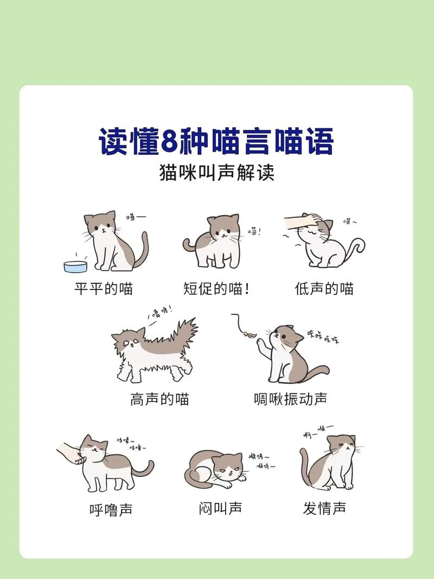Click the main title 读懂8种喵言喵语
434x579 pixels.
pos(216,142)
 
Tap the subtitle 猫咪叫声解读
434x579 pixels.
pos(216,173)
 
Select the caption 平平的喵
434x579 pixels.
pos(104,288)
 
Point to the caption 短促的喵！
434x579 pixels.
pos(216,288)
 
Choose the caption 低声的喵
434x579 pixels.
pos(324,288)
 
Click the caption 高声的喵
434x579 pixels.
pos(159,399)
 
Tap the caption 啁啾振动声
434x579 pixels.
pos(290,399)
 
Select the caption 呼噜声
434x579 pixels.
pos(111,509)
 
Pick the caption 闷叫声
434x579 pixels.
pos(220,508)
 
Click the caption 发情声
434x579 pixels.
pos(324,508)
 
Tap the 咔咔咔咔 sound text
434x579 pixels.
pos(322,337)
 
